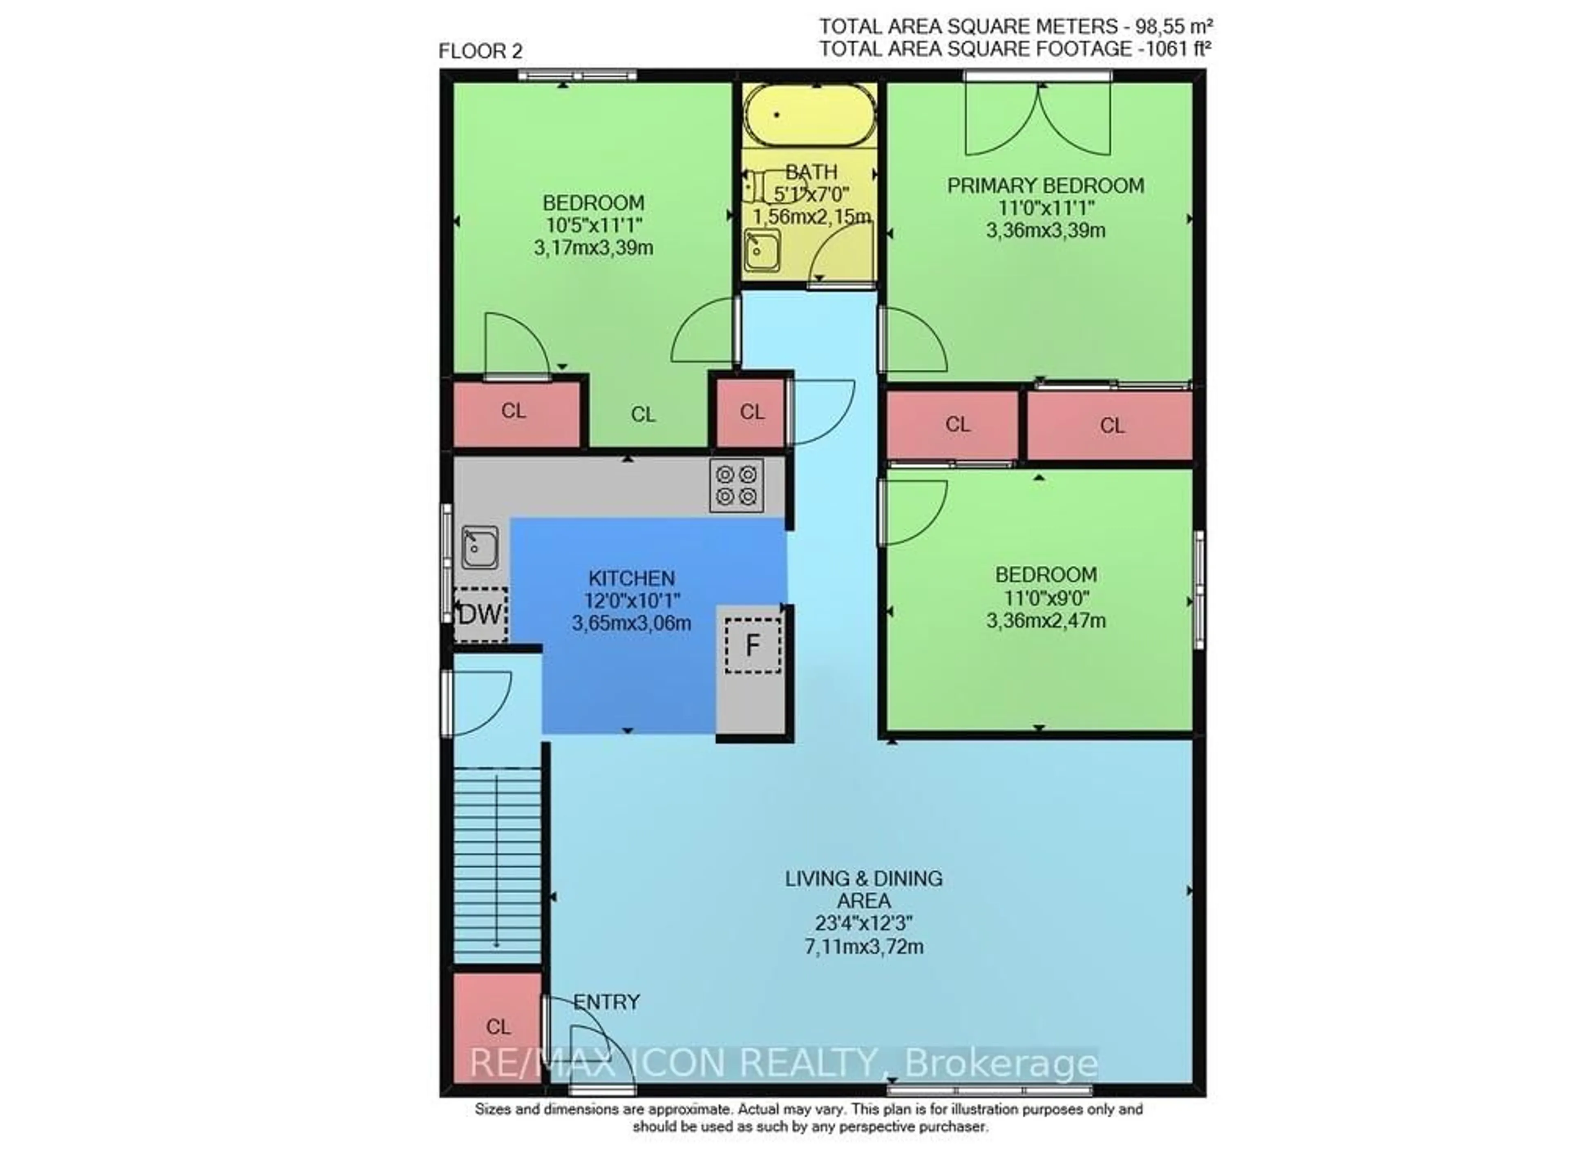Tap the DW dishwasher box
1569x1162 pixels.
[481, 614]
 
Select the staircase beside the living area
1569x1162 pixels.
[497, 865]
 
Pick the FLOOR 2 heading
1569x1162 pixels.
[481, 51]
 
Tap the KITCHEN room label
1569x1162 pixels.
[631, 578]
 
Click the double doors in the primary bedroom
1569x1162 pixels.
[1038, 120]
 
